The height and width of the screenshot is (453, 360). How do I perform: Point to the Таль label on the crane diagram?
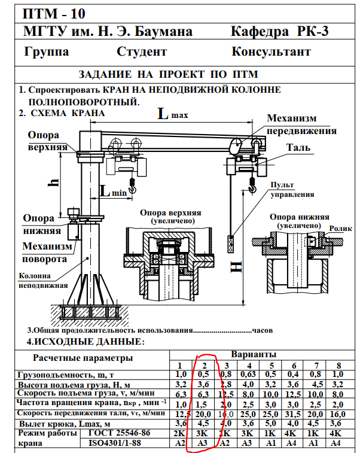298,147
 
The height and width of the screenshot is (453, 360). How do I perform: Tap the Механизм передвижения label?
301,124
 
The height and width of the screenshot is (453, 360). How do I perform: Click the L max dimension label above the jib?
169,114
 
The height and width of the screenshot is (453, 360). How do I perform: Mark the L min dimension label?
112,191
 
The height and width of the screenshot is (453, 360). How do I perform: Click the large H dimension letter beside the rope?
238,263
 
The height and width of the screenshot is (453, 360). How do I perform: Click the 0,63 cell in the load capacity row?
247,373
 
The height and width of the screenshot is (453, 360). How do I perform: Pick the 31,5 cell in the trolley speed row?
294,414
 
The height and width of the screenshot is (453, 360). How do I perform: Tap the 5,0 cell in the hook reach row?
270,424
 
